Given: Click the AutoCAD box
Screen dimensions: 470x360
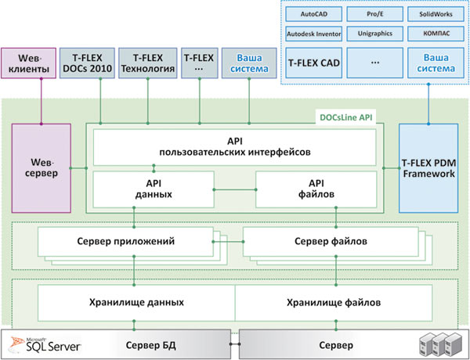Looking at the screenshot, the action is (313, 14).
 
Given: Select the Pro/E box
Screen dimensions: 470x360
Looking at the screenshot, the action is (374, 14).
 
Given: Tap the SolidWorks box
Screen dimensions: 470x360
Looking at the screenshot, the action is (436, 14).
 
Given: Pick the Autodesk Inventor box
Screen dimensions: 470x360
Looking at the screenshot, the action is (313, 34).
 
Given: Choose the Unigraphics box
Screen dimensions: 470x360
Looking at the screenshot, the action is (374, 34).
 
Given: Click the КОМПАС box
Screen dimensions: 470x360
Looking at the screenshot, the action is (436, 34).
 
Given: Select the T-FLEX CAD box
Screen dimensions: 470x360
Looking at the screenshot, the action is (313, 63).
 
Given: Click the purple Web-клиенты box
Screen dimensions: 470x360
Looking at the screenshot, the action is (28, 63).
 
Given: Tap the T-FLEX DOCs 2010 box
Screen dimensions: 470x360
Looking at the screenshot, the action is (87, 63).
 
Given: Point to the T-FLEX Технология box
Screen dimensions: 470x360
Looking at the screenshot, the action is (148, 63).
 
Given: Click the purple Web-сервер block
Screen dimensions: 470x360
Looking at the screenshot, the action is (42, 168).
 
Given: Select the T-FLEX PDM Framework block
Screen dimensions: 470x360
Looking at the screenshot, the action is (428, 168).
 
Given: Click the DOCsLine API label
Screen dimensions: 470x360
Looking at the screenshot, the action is (346, 117).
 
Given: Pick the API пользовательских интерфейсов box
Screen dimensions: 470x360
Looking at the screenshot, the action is (235, 147).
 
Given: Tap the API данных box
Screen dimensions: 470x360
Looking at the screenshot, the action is (154, 189).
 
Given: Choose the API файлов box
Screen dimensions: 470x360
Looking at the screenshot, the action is (316, 189).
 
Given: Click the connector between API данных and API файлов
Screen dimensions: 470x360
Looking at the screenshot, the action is (235, 189).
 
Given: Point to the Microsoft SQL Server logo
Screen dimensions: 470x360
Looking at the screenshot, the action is (45, 344).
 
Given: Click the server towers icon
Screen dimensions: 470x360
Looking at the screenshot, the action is (439, 344).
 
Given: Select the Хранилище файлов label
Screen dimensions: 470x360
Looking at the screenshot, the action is (334, 303).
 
